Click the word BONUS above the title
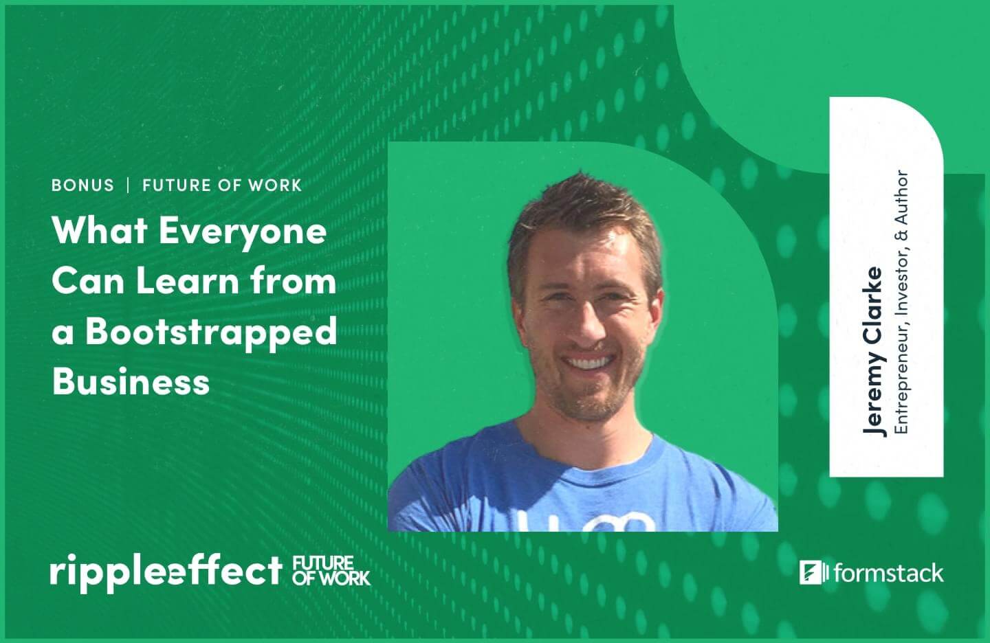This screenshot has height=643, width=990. pyautogui.click(x=82, y=185)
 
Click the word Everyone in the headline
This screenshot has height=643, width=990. pyautogui.click(x=243, y=232)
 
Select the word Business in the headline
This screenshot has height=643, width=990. pyautogui.click(x=131, y=381)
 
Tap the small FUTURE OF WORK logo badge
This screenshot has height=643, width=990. pyautogui.click(x=331, y=571)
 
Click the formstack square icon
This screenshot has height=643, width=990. pyautogui.click(x=811, y=573)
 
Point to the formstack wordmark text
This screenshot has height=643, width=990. pyautogui.click(x=889, y=573)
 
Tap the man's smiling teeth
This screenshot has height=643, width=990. pyautogui.click(x=588, y=363)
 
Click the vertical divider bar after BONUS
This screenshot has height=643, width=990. pyautogui.click(x=128, y=185)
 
